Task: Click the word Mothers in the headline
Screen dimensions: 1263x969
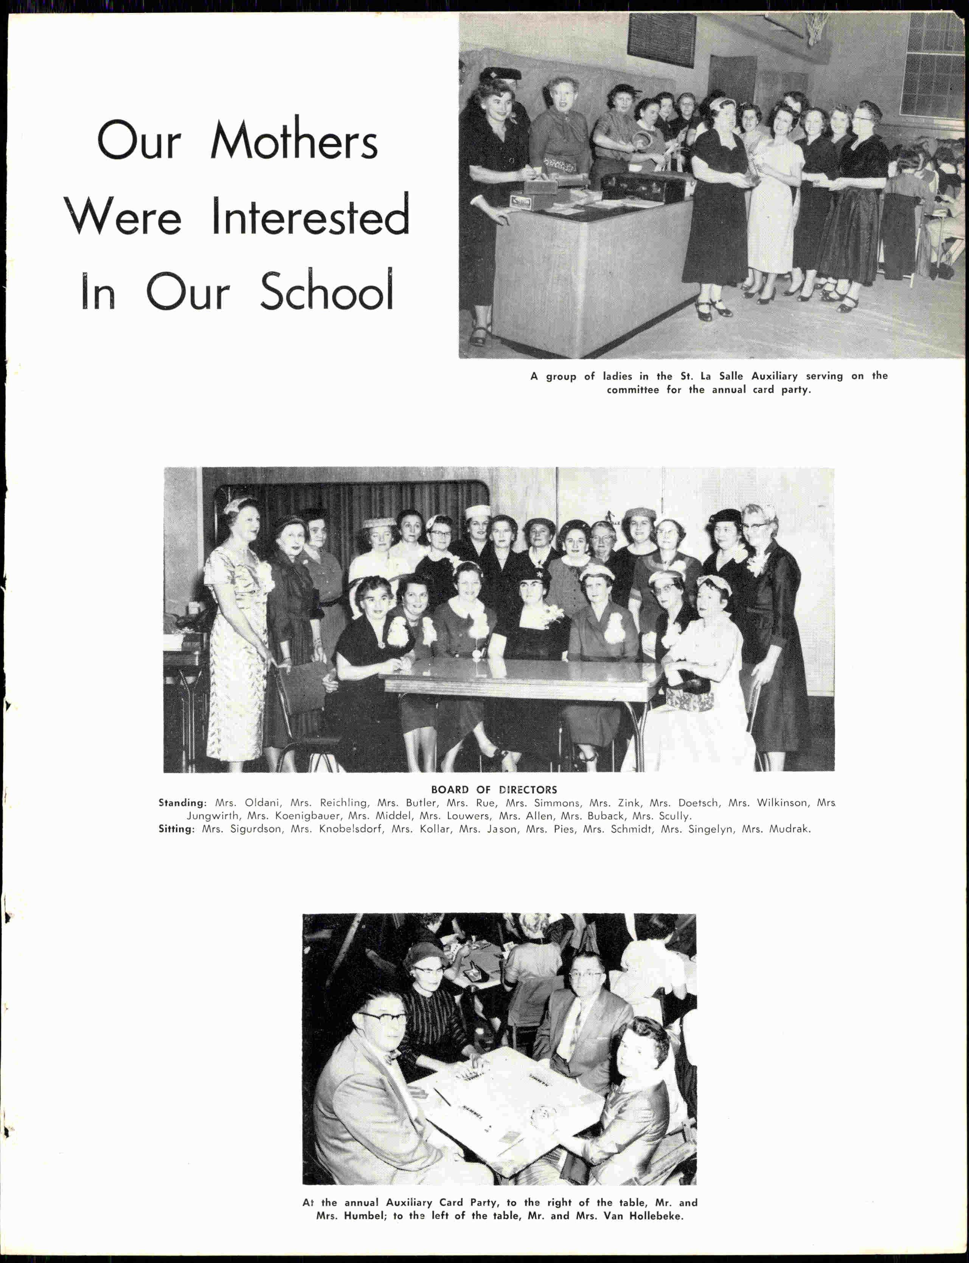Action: (294, 141)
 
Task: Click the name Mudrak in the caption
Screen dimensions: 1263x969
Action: (790, 829)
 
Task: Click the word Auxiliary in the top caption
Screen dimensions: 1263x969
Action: (774, 376)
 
